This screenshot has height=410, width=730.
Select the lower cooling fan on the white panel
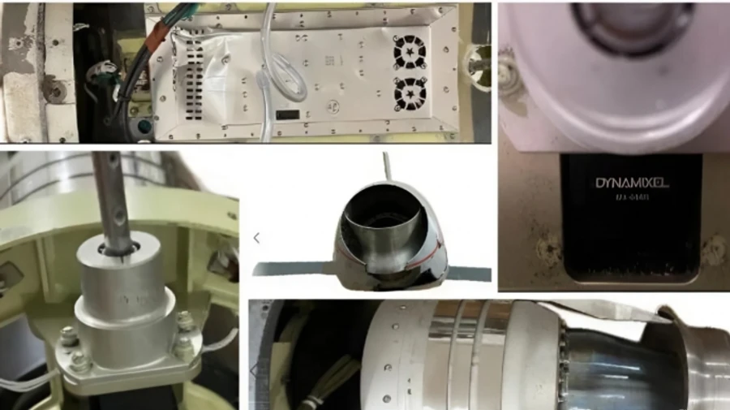(x=410, y=94)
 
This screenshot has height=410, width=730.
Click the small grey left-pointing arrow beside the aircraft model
(x=256, y=238)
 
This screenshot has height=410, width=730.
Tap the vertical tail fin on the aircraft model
(x=387, y=166)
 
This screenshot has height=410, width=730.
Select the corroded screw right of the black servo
(x=714, y=244)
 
